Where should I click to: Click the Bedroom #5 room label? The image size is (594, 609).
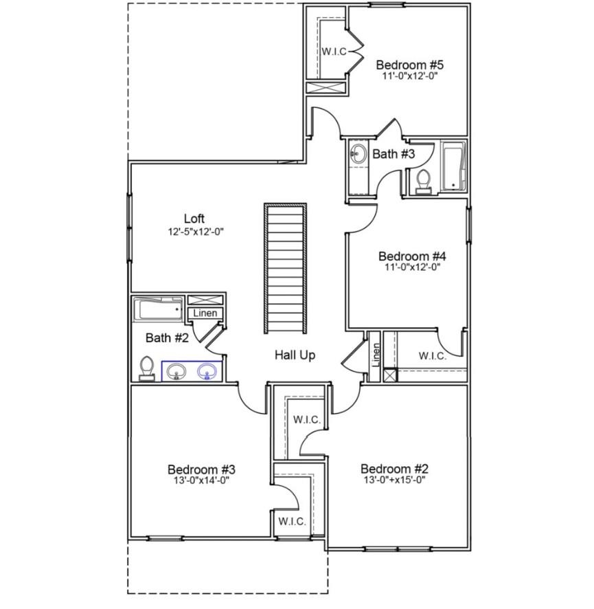tap(410, 65)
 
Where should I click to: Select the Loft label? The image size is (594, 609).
tap(194, 219)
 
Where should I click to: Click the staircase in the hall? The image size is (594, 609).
tap(285, 267)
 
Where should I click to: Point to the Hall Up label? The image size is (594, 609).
tap(295, 355)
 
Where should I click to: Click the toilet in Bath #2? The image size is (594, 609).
tap(146, 368)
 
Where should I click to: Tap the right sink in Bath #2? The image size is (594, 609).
tap(207, 372)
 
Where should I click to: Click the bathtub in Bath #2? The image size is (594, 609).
tap(159, 310)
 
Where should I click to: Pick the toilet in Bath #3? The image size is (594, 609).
tap(423, 181)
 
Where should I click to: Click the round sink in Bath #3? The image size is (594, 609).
tap(358, 154)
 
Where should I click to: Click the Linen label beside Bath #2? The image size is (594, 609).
tap(205, 313)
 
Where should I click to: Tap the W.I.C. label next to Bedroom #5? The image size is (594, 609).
tap(334, 52)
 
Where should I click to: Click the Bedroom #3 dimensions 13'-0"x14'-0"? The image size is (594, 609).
tap(202, 480)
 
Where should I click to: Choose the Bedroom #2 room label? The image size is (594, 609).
tap(393, 469)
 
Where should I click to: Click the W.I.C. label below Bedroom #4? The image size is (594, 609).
tap(433, 356)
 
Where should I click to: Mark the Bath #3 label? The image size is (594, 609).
tap(393, 154)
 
